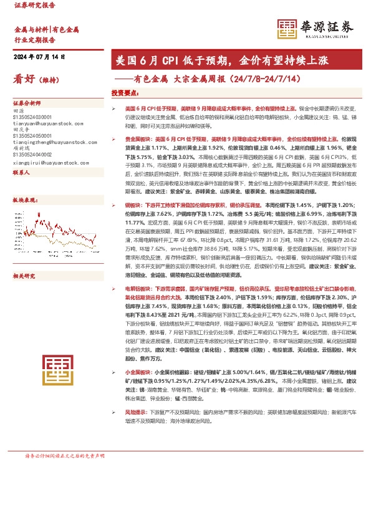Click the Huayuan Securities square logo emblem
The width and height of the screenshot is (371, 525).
[x=287, y=28]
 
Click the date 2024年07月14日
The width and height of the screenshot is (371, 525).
[x=39, y=57]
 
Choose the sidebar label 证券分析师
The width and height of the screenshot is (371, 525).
[x=27, y=103]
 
